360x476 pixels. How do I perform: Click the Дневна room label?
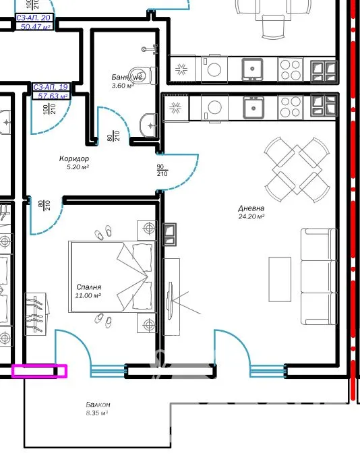click(251, 208)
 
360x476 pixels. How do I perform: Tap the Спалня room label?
click(88, 287)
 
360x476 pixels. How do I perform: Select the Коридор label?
click(74, 158)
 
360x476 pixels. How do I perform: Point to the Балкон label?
click(98, 405)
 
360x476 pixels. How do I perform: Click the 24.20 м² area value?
click(251, 216)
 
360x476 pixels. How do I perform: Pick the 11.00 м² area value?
click(88, 295)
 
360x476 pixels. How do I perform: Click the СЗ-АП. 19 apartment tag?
click(51, 87)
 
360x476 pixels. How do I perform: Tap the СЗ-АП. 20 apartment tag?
click(34, 18)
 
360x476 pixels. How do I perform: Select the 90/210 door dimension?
click(162, 171)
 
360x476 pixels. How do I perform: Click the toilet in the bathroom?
click(144, 75)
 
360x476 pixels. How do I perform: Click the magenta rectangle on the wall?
click(39, 371)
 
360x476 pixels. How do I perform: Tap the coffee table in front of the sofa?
click(280, 279)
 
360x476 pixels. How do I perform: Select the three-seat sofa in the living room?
click(319, 277)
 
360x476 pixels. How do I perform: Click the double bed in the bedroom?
click(112, 276)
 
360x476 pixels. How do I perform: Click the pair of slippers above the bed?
click(103, 233)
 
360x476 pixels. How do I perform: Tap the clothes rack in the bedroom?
click(36, 314)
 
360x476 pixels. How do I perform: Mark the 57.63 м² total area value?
click(52, 96)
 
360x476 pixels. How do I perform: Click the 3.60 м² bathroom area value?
click(123, 86)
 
